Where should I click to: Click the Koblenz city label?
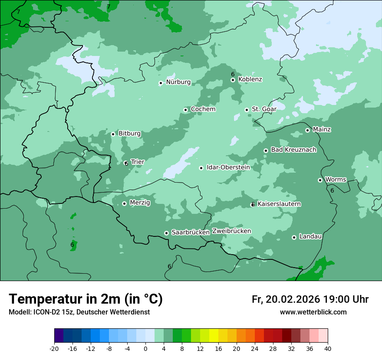pos(250,79)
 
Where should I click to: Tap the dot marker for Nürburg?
pos(161,83)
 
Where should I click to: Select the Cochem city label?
pos(203,109)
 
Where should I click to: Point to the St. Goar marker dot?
pos(247,110)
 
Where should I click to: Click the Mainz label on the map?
pos(322,129)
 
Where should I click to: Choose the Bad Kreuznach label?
pos(293,150)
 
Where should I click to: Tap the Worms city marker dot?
pos(320,180)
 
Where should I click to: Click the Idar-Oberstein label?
pos(228,167)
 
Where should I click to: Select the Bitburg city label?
pos(129,134)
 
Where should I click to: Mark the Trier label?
pos(138,162)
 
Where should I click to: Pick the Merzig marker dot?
pos(124,203)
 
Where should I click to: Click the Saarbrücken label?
pos(191,232)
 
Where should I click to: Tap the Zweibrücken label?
pos(231,231)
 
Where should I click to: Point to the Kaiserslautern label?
pos(279,204)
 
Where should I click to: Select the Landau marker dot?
pos(294,237)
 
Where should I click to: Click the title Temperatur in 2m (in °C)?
pos(86,299)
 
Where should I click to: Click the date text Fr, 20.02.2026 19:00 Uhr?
pos(310,299)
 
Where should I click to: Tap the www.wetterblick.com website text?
pos(313,312)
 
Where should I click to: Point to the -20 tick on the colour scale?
pos(54,348)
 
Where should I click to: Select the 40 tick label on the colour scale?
pos(328,348)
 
